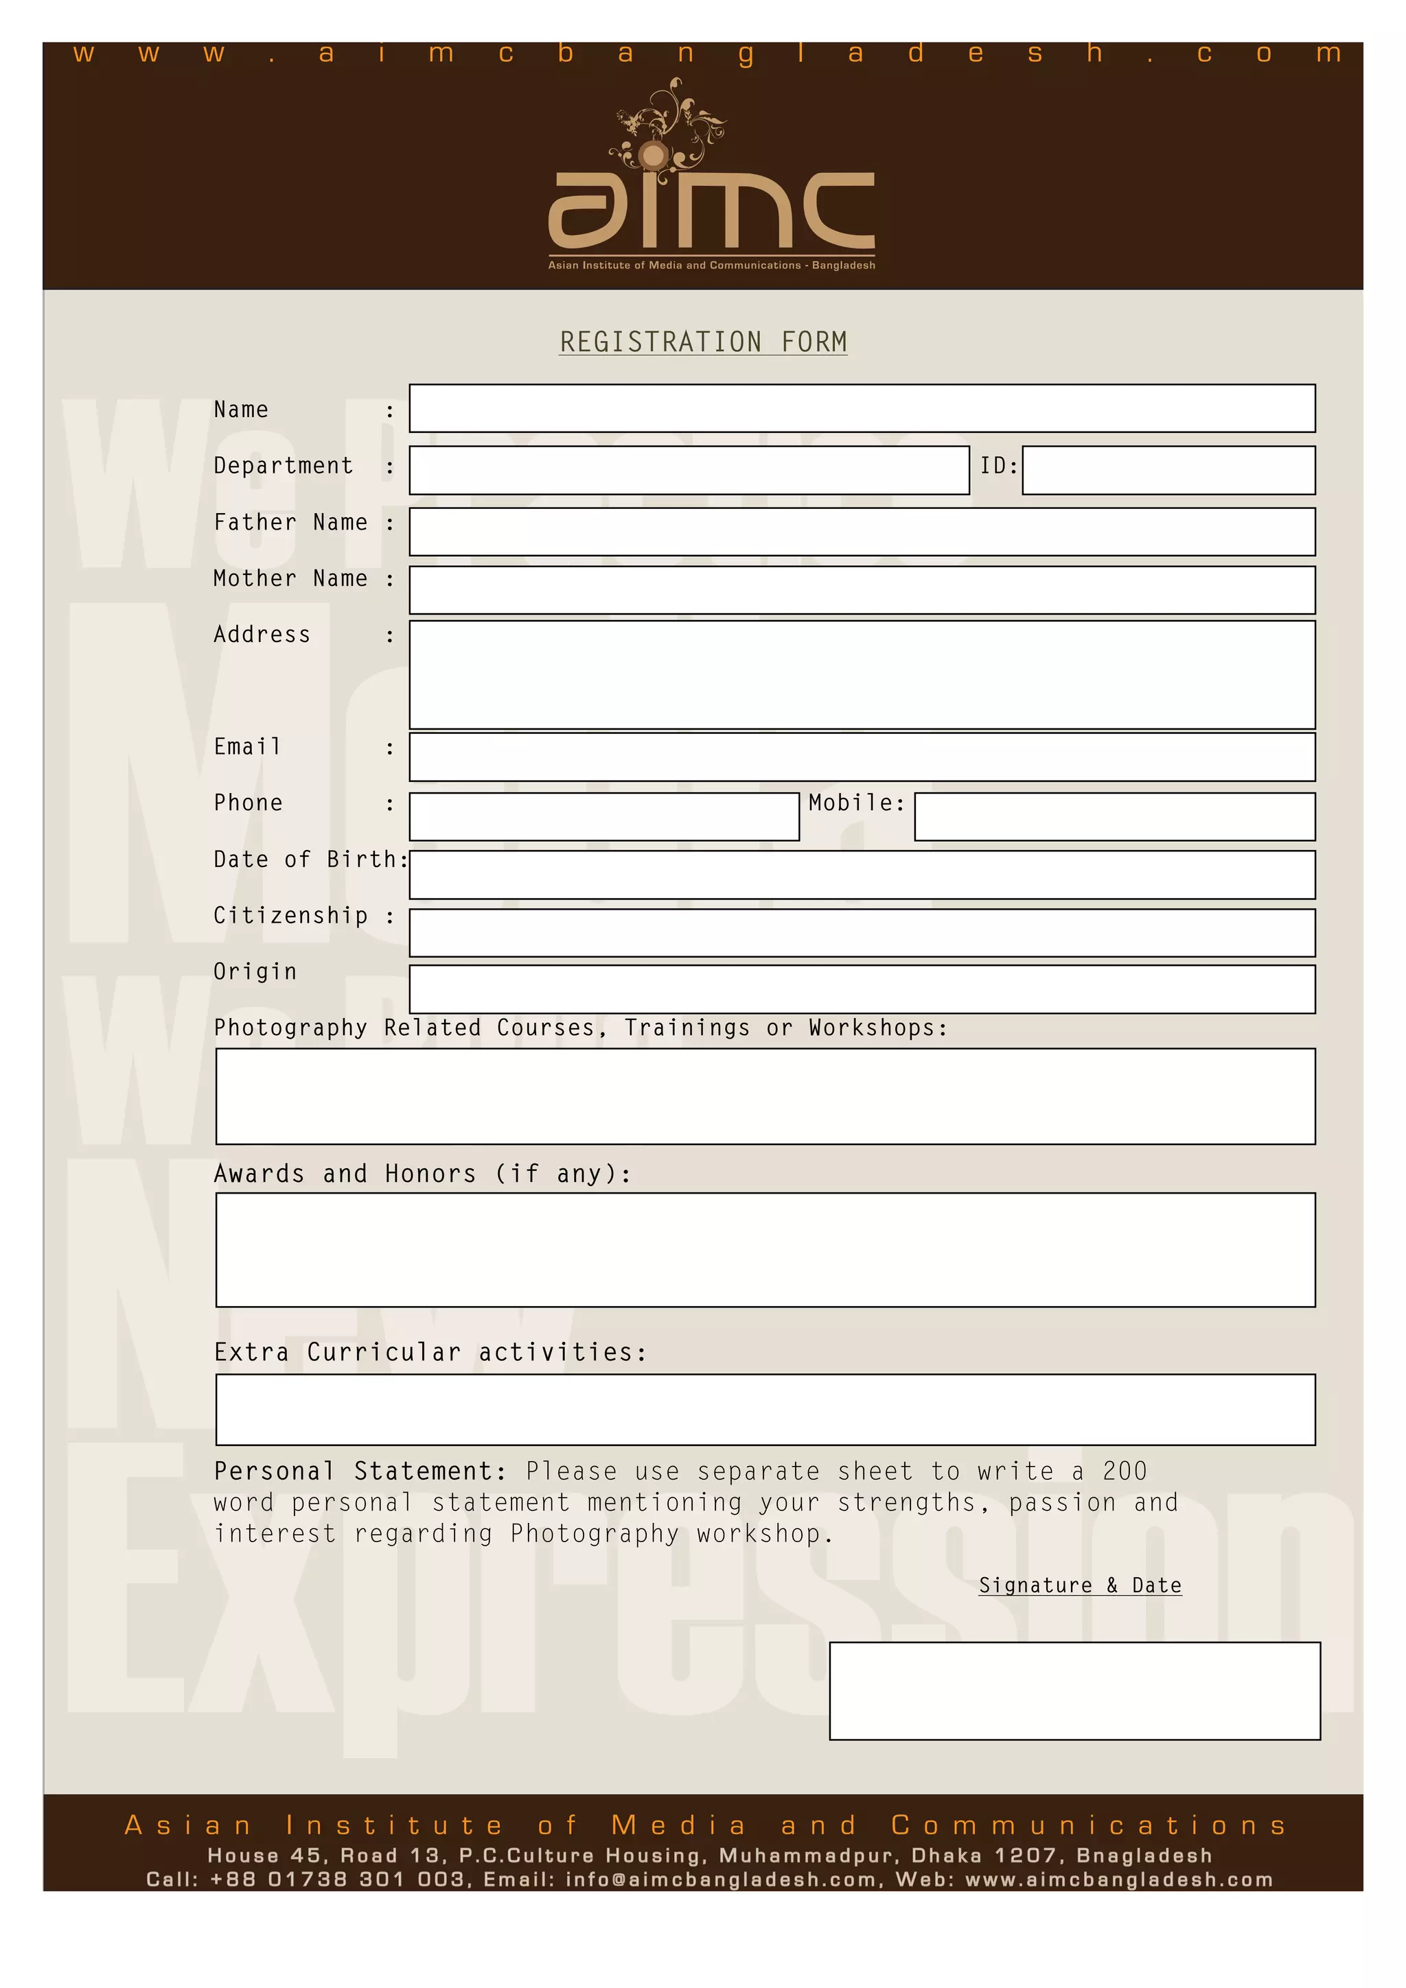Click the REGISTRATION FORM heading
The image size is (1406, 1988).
pos(702,342)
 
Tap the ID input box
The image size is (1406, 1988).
pos(1168,470)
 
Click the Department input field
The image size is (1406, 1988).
pos(689,470)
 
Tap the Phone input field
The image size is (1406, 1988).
pos(604,816)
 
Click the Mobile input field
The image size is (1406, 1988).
pos(1114,816)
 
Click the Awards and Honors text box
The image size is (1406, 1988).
pos(765,1249)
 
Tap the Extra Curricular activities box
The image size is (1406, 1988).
pos(765,1409)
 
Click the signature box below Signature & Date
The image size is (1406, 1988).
pos(1074,1690)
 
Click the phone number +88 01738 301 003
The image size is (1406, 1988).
pos(338,1880)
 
